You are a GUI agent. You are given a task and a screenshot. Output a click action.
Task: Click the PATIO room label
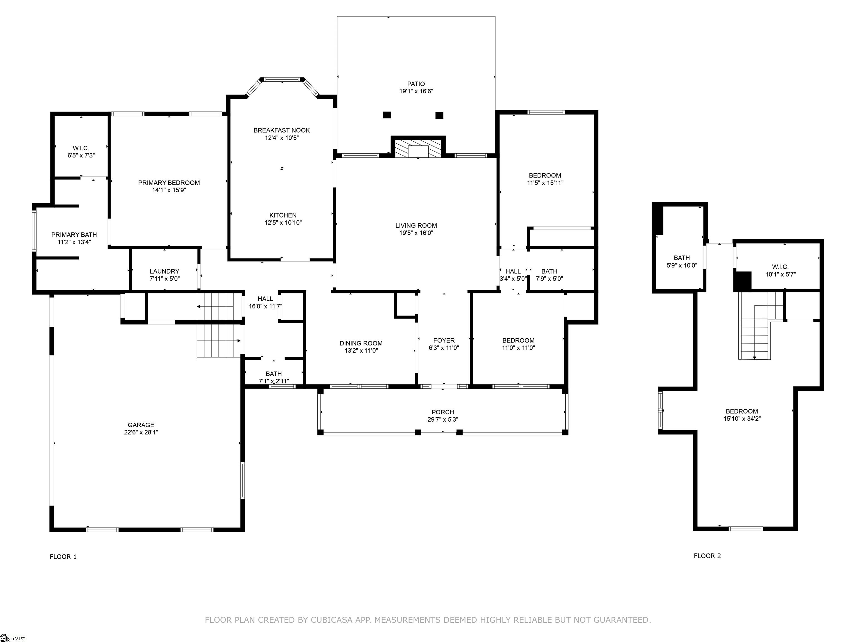click(416, 84)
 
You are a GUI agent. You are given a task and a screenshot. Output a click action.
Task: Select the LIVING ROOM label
click(416, 225)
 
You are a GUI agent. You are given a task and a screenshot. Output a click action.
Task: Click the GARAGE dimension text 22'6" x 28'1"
click(141, 432)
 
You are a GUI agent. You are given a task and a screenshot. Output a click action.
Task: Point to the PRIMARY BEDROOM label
click(169, 183)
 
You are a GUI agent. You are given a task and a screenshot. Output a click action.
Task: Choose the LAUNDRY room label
click(164, 271)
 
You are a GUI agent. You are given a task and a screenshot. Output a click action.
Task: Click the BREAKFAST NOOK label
click(282, 130)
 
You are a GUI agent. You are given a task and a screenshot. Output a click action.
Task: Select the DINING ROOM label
click(361, 343)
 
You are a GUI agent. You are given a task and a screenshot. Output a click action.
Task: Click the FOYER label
click(444, 341)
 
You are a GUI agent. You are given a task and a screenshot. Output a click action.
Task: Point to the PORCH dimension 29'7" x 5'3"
click(443, 419)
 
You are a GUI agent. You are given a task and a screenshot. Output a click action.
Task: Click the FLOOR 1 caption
click(63, 557)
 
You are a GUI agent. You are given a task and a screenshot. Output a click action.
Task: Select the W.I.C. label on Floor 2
click(780, 267)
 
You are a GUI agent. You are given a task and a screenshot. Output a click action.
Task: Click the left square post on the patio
click(387, 115)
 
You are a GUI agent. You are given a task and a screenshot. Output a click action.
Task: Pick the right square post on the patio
click(439, 115)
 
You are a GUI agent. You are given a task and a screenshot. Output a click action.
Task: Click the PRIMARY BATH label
click(74, 235)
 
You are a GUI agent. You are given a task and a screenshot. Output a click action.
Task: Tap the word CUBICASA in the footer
click(332, 620)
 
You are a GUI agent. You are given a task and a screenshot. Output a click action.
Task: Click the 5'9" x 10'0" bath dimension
click(682, 266)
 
